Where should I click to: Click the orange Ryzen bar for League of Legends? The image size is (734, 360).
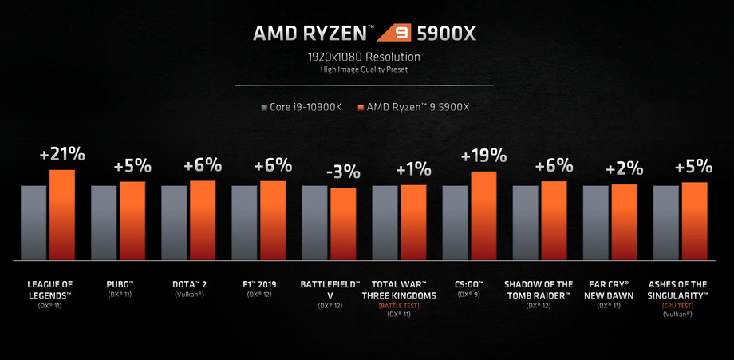tap(62, 215)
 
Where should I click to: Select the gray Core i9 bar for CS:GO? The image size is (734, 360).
tap(456, 223)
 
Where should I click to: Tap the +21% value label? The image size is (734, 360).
tap(61, 154)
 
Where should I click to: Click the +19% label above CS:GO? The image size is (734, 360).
tap(483, 156)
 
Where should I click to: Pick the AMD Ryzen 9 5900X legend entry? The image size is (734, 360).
tap(415, 107)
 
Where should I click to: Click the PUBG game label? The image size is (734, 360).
tap(120, 284)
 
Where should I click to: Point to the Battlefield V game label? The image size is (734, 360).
tap(330, 289)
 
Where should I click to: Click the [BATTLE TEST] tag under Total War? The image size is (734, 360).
tap(401, 306)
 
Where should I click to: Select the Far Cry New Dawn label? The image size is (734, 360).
tap(610, 289)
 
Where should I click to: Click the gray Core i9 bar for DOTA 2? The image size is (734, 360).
tap(175, 223)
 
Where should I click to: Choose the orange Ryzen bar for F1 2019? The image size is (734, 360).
tap(273, 220)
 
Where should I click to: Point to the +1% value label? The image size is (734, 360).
tap(413, 169)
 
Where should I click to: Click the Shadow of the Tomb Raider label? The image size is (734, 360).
tap(539, 289)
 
